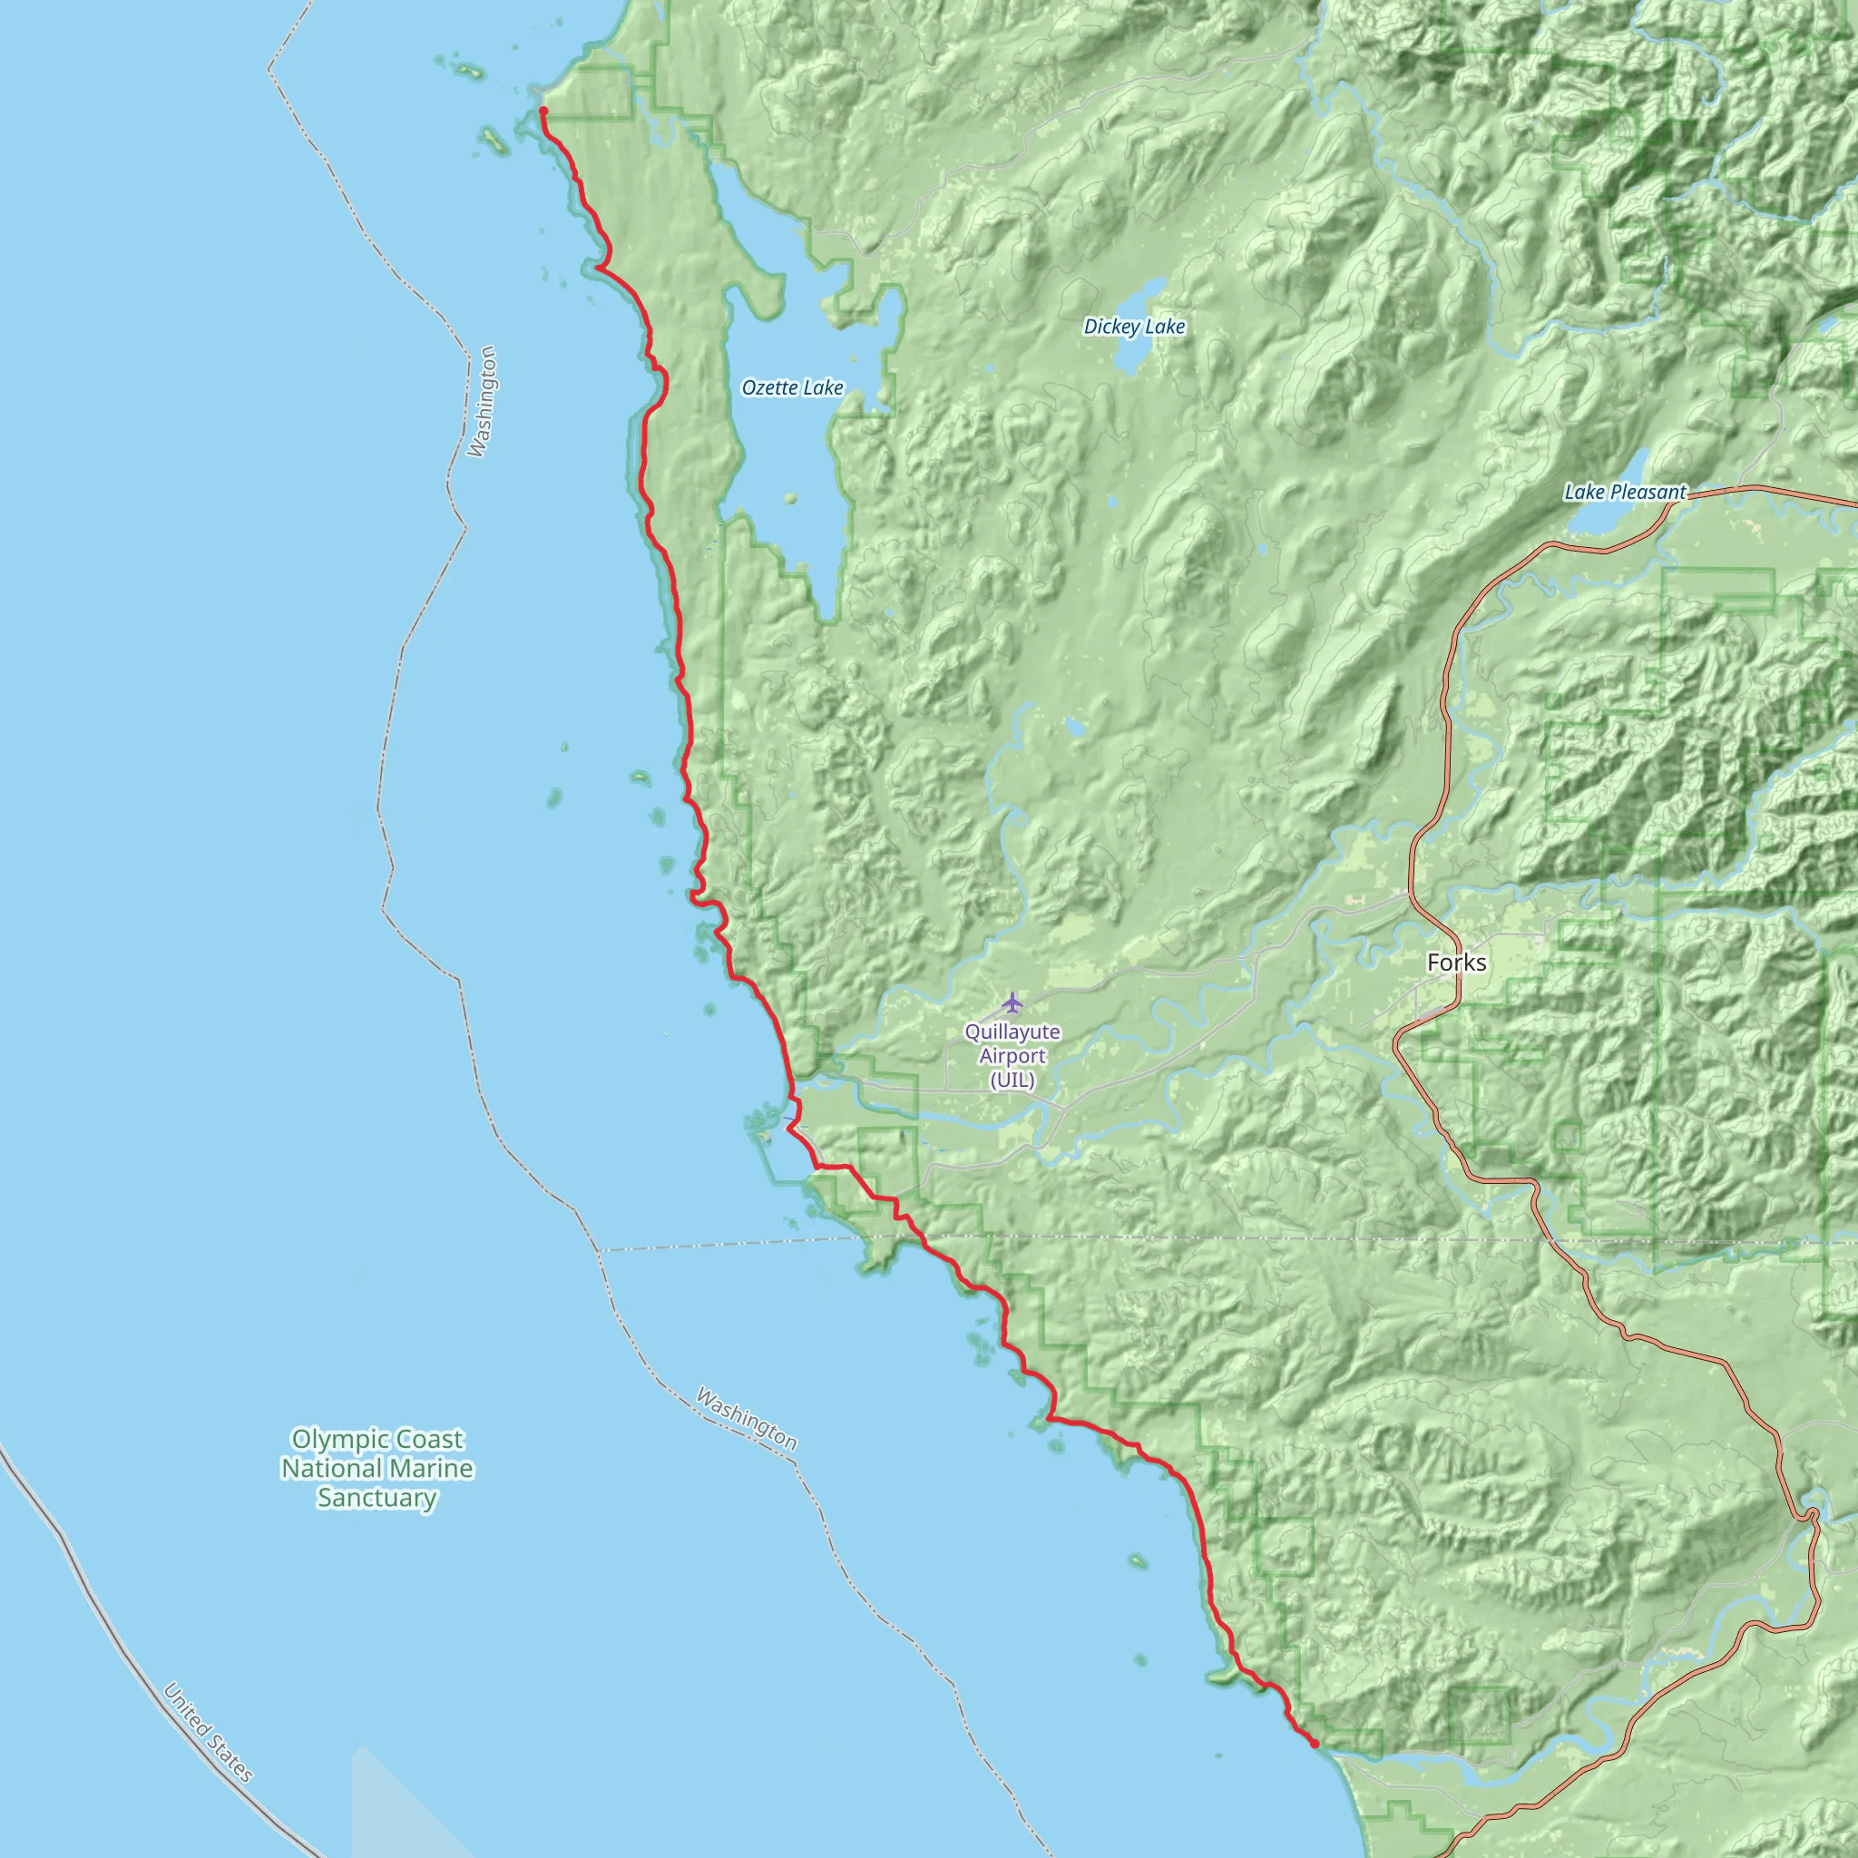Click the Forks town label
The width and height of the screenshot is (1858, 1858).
1456,963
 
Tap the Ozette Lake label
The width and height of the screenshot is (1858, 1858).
791,387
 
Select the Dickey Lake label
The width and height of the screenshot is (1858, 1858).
1134,327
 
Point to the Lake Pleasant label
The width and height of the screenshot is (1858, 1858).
1624,493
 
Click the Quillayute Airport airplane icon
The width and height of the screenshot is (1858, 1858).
1012,1004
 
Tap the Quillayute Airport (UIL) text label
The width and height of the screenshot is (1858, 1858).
1012,1056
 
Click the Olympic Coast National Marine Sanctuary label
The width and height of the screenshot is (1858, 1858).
377,1468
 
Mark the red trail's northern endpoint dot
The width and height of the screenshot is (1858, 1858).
543,112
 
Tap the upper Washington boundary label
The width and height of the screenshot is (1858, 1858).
482,401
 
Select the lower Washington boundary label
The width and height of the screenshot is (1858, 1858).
747,1418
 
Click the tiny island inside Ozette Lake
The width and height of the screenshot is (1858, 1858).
790,498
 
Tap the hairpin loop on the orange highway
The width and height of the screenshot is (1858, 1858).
1811,1517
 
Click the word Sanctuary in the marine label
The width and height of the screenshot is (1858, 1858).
377,1497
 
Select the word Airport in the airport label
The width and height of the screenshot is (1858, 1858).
1012,1056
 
